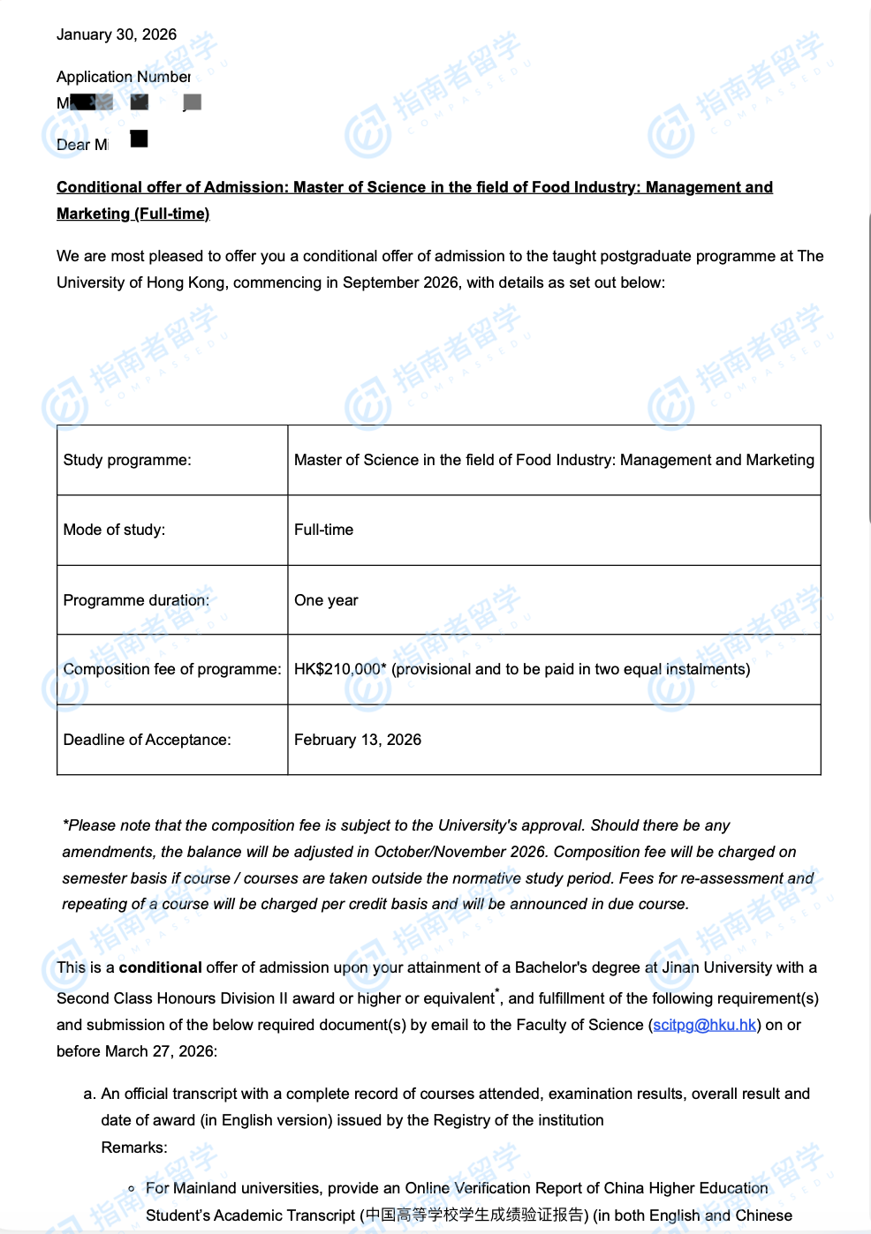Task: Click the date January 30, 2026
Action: (x=116, y=34)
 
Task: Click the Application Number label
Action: (x=123, y=77)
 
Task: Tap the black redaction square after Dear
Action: (x=139, y=139)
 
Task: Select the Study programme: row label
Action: (x=126, y=460)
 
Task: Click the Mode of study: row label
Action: (x=114, y=530)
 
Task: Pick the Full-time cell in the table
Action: (x=323, y=530)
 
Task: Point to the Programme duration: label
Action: (x=136, y=600)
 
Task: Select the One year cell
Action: (x=326, y=600)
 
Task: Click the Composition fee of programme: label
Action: (x=171, y=669)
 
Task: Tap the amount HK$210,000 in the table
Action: (x=337, y=669)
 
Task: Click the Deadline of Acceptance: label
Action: (x=147, y=740)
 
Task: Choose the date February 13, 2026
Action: (x=357, y=740)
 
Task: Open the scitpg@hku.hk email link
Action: (x=704, y=1025)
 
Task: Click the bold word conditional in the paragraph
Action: (x=160, y=967)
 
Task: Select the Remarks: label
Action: (x=133, y=1147)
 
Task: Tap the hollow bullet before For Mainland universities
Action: (x=132, y=1189)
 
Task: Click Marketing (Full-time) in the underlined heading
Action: (x=133, y=214)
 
